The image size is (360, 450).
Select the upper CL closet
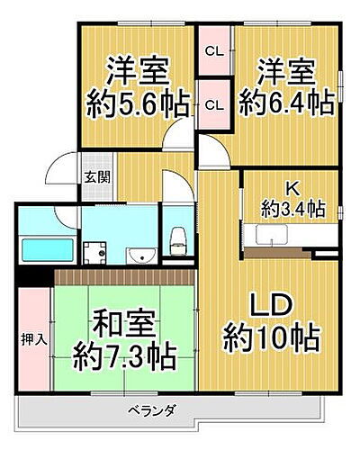tap(214, 52)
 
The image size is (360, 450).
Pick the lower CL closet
tap(214, 105)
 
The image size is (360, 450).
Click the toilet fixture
tap(177, 239)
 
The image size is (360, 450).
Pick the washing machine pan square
tap(94, 251)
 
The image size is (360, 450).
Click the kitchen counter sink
tap(270, 236)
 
